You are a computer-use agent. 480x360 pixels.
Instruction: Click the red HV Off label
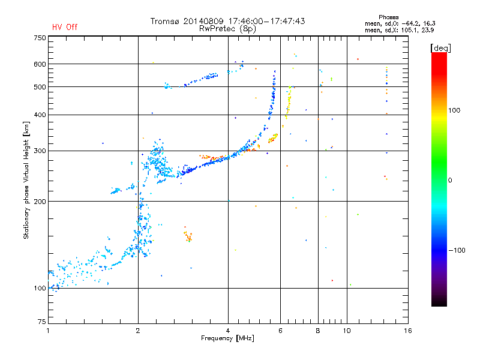[x=65, y=27]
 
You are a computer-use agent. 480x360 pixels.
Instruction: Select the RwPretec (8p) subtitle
[x=227, y=29]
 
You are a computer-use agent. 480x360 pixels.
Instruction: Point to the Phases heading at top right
[x=388, y=17]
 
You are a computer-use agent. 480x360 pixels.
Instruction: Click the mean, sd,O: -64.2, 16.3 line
[x=400, y=23]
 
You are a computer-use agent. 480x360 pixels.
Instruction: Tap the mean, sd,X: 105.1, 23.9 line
[x=399, y=30]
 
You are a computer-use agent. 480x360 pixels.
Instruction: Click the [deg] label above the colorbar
[x=440, y=48]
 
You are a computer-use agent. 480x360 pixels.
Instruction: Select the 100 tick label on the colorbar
[x=454, y=110]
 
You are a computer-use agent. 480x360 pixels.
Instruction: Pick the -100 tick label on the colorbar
[x=457, y=250]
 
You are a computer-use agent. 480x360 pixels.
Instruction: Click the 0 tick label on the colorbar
[x=450, y=181]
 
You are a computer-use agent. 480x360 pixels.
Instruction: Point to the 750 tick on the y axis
[x=40, y=38]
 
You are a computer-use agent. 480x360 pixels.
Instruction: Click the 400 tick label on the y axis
[x=40, y=115]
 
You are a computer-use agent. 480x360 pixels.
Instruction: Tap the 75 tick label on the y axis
[x=42, y=322]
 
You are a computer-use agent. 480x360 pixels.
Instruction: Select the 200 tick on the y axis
[x=40, y=202]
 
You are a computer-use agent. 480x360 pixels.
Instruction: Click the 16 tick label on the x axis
[x=408, y=331]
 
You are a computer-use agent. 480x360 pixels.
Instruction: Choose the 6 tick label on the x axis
[x=280, y=331]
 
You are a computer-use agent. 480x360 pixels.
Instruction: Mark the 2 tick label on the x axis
[x=138, y=331]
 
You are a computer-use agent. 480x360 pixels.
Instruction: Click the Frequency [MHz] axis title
[x=227, y=338]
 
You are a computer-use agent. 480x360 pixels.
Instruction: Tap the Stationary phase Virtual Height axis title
[x=26, y=181]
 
